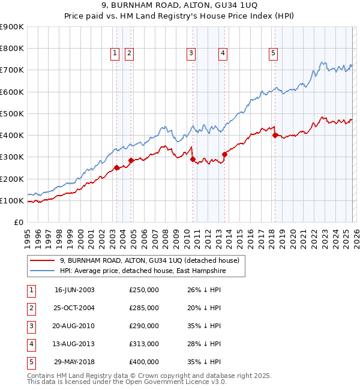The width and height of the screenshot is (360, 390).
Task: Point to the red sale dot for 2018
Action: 275,136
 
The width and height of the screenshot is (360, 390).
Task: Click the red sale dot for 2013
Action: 224,154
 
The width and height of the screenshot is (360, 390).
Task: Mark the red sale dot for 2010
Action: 193,159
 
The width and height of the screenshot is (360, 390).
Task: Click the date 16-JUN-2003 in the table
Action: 74,290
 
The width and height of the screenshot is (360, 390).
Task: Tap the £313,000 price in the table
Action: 144,344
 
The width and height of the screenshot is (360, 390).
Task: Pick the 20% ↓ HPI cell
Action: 204,308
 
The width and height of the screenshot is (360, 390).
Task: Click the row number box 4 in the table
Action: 31,344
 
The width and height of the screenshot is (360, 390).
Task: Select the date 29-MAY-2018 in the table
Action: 74,362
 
